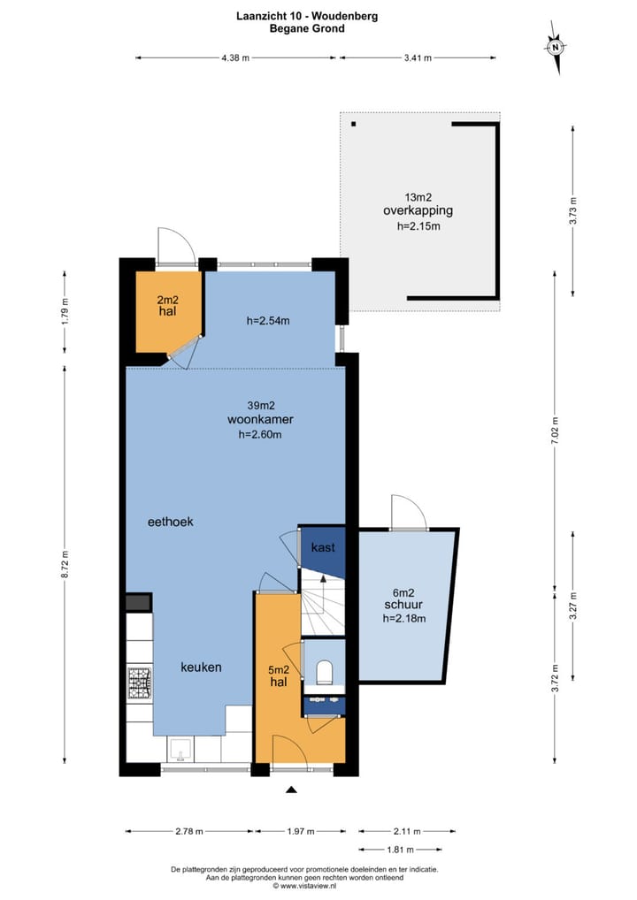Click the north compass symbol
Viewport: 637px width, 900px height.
point(555,48)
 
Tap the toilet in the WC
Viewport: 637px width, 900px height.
point(325,672)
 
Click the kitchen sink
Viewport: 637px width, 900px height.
point(180,750)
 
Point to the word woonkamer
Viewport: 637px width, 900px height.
point(260,420)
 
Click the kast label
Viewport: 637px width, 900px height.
point(323,547)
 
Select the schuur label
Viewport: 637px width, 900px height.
point(403,605)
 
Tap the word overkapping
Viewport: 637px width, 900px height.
point(418,211)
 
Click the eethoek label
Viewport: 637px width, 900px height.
point(171,522)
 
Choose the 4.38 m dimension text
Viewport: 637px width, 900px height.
point(235,57)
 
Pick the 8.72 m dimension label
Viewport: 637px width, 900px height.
point(65,565)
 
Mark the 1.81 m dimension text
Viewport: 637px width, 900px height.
point(401,850)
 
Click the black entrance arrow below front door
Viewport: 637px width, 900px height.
point(291,789)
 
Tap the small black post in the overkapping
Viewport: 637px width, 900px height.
point(354,124)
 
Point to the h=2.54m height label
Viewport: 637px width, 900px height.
point(268,321)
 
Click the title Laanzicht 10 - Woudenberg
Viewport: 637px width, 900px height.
point(307,16)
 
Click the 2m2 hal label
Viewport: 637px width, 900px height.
point(168,306)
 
